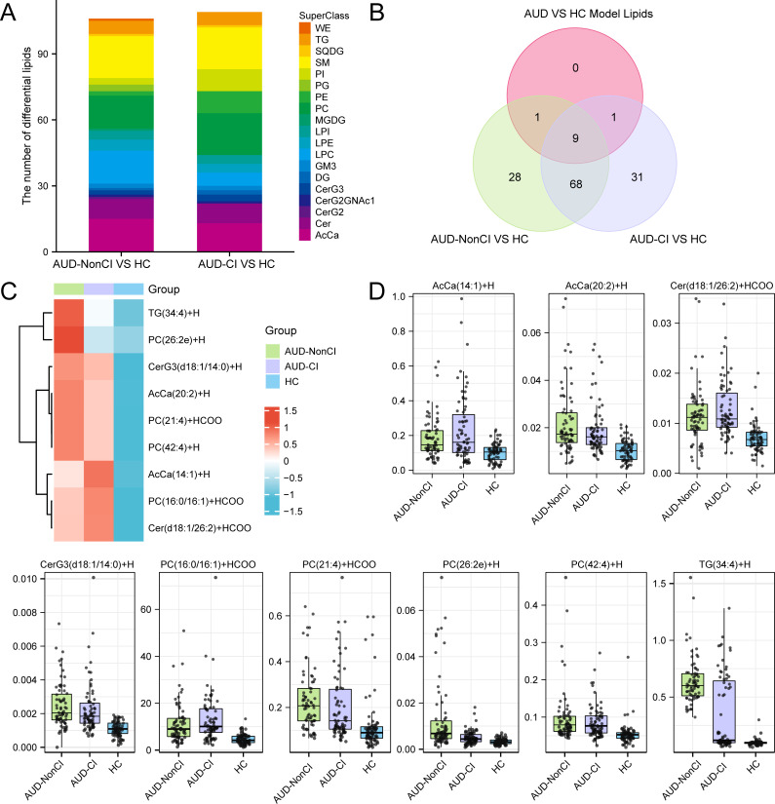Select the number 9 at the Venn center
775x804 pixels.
pyautogui.click(x=548, y=138)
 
